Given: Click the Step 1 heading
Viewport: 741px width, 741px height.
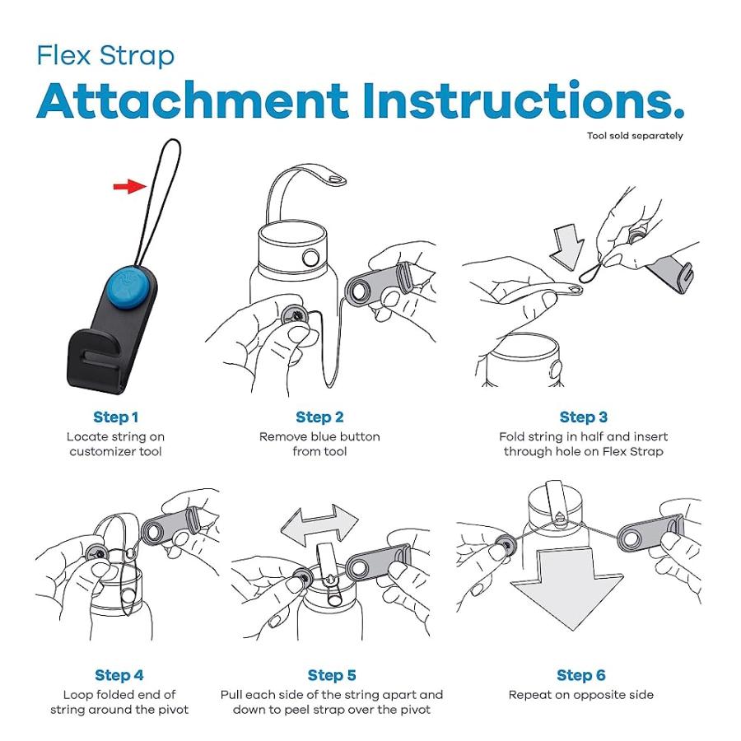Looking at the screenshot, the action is click(116, 417).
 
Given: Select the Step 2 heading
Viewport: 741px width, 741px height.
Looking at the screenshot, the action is click(319, 417).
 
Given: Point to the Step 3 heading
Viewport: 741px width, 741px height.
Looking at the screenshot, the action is click(583, 417).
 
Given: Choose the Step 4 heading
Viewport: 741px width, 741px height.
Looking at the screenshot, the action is click(119, 675).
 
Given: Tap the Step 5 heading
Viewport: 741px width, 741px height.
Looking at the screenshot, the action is click(332, 675).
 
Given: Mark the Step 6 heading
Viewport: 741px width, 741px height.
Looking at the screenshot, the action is click(580, 675).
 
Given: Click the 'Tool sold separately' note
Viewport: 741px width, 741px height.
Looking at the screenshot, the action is click(635, 136).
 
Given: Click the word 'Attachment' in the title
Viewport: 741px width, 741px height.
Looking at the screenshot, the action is click(193, 101).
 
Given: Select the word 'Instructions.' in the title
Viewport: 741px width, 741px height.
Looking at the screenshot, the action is click(524, 100).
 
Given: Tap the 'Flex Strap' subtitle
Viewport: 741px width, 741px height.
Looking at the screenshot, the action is click(106, 56).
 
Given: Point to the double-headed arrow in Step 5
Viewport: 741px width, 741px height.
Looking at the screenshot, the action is click(319, 524).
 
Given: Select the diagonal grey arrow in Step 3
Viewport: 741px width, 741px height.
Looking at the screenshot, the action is click(568, 247).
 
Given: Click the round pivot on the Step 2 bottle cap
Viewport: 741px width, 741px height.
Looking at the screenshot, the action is click(310, 258).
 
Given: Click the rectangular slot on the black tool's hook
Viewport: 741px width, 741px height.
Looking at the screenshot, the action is click(97, 355).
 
